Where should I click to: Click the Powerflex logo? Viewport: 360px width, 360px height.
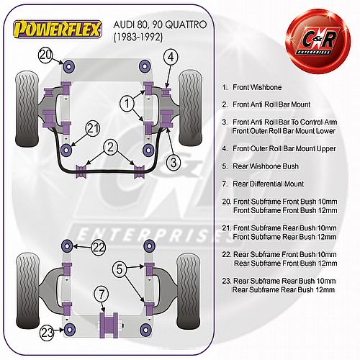(x=58, y=30)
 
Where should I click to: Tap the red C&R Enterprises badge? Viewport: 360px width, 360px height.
(x=318, y=41)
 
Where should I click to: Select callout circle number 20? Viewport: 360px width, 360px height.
(x=45, y=55)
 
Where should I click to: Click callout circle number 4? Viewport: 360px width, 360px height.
(x=171, y=57)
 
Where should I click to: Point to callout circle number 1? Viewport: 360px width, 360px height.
(x=127, y=104)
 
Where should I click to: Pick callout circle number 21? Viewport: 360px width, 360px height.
(x=93, y=129)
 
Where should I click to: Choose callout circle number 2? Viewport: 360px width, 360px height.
(x=110, y=148)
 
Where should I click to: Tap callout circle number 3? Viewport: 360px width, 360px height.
(x=174, y=163)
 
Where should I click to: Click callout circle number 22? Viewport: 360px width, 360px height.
(x=99, y=247)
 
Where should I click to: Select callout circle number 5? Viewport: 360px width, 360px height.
(x=120, y=269)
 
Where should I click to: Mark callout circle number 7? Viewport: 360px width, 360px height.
(x=102, y=294)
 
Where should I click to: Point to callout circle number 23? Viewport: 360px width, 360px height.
(x=47, y=333)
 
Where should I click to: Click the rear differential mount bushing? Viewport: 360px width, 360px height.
(x=109, y=325)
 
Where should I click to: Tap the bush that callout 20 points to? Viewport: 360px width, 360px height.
(x=69, y=66)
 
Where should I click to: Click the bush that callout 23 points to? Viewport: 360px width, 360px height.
(x=69, y=330)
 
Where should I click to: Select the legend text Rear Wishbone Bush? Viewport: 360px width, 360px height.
(x=266, y=166)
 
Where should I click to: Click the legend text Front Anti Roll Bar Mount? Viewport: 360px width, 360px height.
(x=271, y=104)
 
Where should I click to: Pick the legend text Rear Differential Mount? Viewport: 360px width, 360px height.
(x=268, y=184)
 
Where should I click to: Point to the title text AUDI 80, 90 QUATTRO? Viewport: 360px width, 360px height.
(x=160, y=24)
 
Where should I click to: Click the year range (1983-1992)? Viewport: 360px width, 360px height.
(x=138, y=37)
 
